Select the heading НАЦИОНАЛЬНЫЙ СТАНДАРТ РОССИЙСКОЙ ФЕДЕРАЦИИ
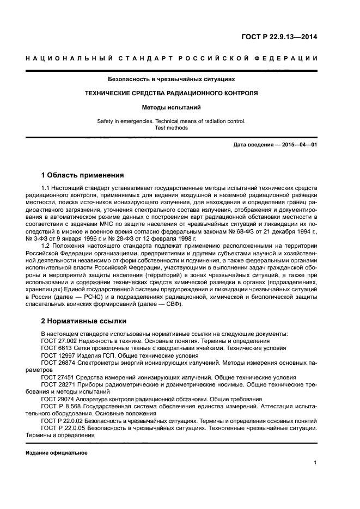coord(172,58)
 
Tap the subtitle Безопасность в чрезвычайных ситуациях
coord(172,79)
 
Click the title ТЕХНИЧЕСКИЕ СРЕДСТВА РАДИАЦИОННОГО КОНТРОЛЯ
coord(172,93)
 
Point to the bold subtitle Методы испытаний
coord(172,107)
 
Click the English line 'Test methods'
coord(172,128)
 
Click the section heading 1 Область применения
coord(83,175)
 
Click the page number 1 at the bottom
coord(315,463)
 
